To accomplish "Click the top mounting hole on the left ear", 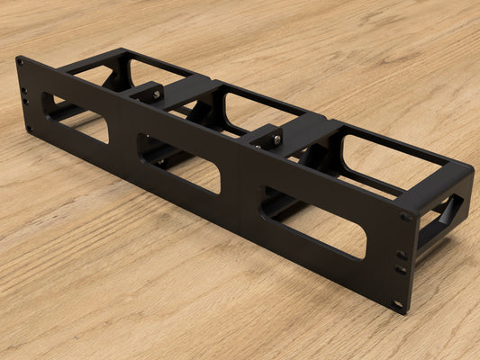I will click(x=20, y=63).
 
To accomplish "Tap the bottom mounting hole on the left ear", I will click(x=29, y=129).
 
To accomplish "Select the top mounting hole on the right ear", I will click(x=406, y=217).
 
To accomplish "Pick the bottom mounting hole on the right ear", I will click(x=398, y=302).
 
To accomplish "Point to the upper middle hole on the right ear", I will click(x=403, y=255).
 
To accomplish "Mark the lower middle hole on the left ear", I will click(x=26, y=102).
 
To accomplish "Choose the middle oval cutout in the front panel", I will click(x=178, y=162).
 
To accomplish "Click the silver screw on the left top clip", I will click(x=157, y=94).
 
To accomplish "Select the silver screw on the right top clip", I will click(x=277, y=140).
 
